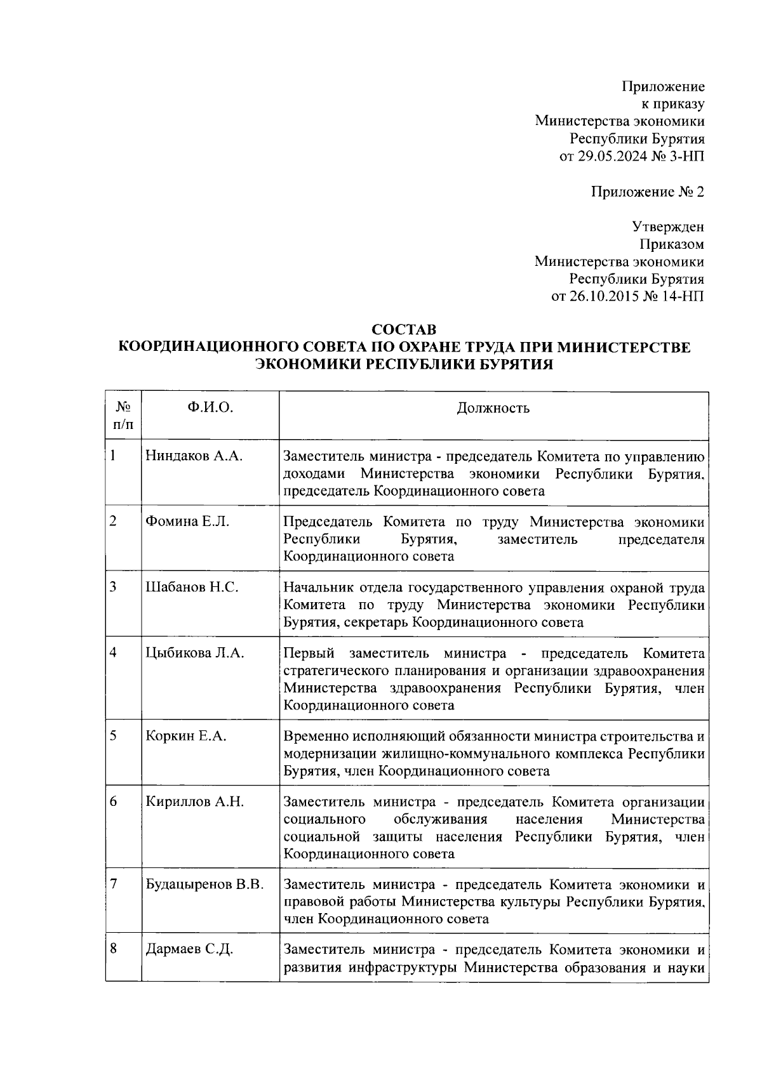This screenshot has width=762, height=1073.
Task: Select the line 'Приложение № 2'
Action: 647,192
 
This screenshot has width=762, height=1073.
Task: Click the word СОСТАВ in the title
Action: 404,330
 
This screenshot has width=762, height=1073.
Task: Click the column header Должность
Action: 493,407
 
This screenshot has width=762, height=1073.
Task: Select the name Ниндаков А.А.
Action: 194,456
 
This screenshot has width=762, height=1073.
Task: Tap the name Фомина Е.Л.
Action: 187,522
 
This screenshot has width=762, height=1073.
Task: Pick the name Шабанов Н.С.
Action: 192,587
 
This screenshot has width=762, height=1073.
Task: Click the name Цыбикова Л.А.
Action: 195,653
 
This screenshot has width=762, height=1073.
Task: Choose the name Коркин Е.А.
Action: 187,736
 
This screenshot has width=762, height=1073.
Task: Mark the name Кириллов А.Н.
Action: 194,801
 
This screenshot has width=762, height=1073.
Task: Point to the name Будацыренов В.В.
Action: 204,884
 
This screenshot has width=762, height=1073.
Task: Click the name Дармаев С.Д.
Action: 189,950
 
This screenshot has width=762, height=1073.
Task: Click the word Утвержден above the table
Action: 667,227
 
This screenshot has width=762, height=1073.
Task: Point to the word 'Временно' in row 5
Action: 312,736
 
